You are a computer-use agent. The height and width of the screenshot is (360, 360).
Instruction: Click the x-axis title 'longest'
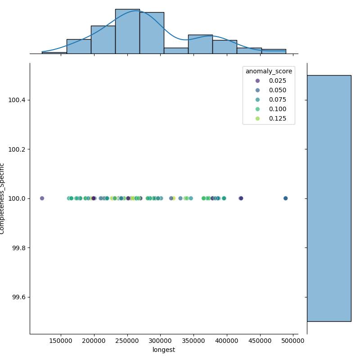pos(164,350)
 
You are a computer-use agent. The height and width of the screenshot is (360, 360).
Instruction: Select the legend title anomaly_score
pos(269,71)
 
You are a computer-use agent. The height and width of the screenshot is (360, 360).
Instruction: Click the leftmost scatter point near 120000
pos(42,198)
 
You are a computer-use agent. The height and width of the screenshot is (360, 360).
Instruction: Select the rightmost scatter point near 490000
pos(285,198)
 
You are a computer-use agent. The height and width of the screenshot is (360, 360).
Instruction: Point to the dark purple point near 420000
pos(241,198)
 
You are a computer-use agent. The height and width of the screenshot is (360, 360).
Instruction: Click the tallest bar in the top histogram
pos(127,31)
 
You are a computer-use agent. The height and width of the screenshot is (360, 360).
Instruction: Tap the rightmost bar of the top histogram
pos(274,51)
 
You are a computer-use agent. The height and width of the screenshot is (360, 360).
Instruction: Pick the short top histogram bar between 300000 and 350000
pos(176,51)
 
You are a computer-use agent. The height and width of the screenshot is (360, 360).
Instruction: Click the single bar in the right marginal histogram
pos(329,198)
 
